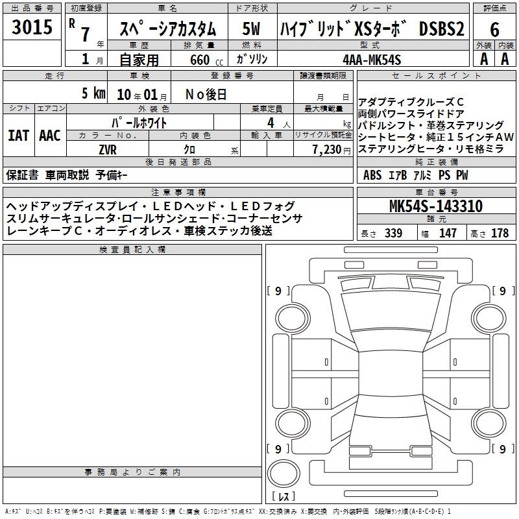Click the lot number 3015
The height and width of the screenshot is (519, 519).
pos(32,27)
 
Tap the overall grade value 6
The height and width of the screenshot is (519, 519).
pos(494,29)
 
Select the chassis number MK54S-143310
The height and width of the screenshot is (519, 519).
pos(436,206)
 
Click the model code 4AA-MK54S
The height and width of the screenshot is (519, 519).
pos(372,60)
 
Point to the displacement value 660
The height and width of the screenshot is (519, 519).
pos(200,60)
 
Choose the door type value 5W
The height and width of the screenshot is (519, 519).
pos(251,29)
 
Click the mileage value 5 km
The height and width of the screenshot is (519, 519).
pos(93,93)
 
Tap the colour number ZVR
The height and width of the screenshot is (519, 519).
pos(108,150)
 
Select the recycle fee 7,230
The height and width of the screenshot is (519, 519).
pos(327,150)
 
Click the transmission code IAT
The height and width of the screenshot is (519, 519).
pos(18,136)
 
